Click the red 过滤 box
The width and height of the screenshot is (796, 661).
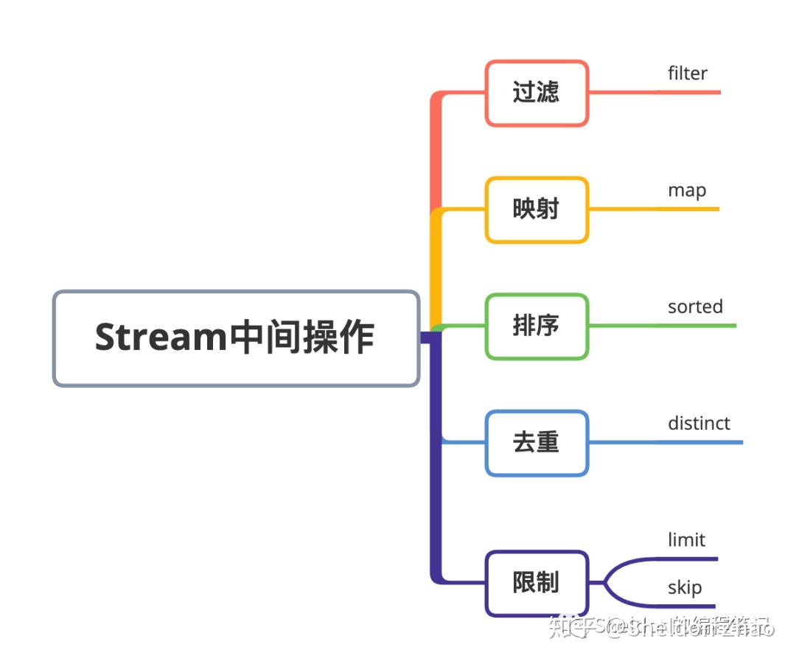coord(537,93)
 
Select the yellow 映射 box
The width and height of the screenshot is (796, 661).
coord(537,209)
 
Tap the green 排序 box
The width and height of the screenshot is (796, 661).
coord(537,326)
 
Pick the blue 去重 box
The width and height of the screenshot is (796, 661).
coord(537,442)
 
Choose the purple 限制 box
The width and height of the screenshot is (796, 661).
coord(537,583)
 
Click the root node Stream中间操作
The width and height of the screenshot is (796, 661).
coord(236,338)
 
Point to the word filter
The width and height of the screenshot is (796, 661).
coord(687,74)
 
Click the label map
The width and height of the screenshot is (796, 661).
coord(686,190)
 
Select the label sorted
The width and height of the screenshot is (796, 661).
coord(695,307)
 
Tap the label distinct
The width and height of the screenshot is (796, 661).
coord(699,423)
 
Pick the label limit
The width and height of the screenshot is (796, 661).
coord(686,539)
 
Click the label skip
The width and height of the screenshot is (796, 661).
coord(684,587)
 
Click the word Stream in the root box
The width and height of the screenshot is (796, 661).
coord(159,338)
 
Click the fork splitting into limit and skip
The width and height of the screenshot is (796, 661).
coord(607,583)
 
